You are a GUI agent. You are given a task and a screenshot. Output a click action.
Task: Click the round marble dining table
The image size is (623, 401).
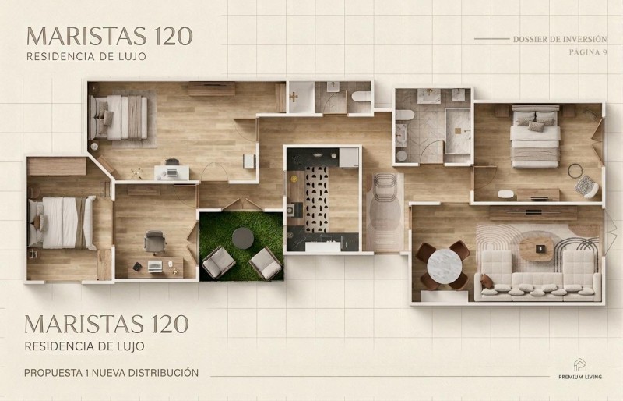(444, 266)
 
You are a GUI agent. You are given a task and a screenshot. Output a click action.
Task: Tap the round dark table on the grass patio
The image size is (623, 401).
(243, 238)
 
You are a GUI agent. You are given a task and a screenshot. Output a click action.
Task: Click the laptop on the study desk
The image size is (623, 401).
(155, 266)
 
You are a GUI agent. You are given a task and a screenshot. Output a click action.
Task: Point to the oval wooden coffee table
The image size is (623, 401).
(537, 250)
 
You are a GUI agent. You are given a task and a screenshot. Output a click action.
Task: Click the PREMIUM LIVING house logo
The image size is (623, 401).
(580, 365)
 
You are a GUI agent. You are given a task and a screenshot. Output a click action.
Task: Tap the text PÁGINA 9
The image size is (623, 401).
(588, 52)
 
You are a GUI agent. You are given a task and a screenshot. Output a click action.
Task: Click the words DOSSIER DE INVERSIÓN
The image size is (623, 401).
(560, 40)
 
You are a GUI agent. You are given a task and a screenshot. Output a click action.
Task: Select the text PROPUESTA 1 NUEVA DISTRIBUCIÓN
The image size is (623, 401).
(111, 373)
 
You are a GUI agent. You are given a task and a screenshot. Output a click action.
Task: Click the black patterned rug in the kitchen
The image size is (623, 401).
(317, 200)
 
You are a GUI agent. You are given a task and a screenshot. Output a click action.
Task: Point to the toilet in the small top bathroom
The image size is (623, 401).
(361, 97)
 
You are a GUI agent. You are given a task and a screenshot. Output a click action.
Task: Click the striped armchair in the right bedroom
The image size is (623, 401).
(586, 186)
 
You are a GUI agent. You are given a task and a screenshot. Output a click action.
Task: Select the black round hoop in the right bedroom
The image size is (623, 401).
(575, 171)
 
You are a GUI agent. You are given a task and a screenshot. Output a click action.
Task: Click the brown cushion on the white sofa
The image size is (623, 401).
(486, 282)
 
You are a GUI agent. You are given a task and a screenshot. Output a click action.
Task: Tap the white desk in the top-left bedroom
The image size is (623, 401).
(172, 173)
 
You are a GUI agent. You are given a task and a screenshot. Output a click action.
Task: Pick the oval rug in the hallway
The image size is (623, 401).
(384, 211)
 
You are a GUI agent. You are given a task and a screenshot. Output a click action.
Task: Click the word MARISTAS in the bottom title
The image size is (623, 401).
(84, 324)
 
